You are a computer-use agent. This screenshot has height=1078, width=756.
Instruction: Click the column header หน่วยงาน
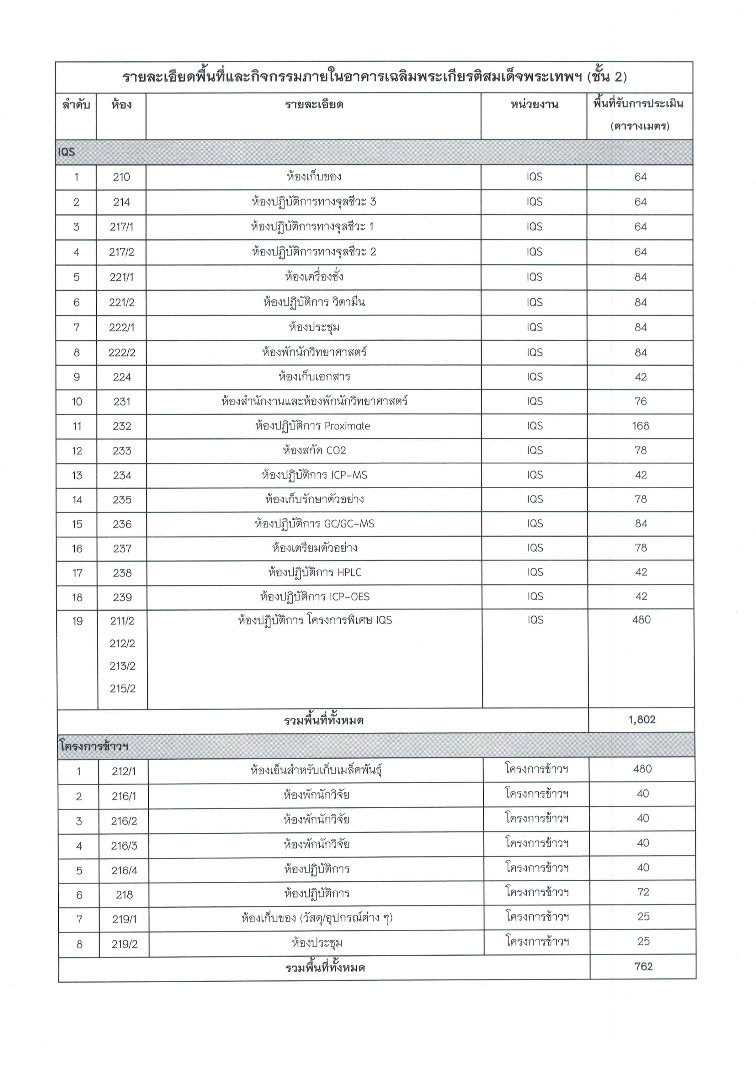click(534, 104)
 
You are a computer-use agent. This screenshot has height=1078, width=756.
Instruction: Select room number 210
click(121, 177)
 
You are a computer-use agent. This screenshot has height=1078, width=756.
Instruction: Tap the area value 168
click(641, 426)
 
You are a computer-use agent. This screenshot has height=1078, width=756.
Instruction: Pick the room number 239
click(122, 597)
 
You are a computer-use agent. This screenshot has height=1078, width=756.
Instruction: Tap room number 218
click(124, 895)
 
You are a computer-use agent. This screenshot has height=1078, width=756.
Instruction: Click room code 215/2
click(123, 689)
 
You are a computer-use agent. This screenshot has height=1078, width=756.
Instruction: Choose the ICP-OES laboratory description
click(315, 597)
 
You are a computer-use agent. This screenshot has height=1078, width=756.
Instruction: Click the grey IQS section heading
click(67, 152)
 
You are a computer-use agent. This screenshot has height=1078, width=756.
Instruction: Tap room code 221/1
click(122, 277)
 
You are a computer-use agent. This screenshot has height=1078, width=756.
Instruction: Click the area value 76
click(641, 401)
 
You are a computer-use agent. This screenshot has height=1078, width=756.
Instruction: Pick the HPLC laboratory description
click(315, 572)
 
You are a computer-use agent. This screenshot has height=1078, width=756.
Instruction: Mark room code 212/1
click(124, 771)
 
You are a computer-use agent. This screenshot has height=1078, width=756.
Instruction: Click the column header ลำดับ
click(76, 104)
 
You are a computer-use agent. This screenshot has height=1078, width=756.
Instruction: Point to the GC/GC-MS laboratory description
click(315, 523)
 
